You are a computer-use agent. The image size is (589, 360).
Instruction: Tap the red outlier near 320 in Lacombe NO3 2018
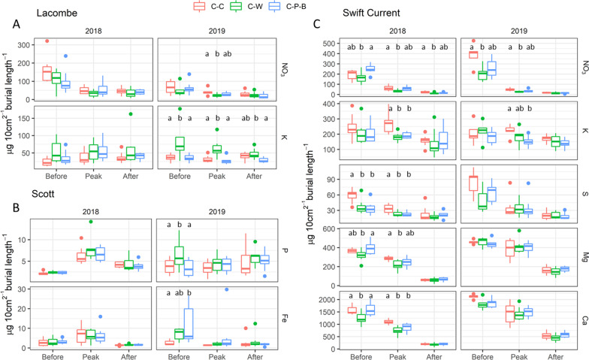(47, 41)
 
